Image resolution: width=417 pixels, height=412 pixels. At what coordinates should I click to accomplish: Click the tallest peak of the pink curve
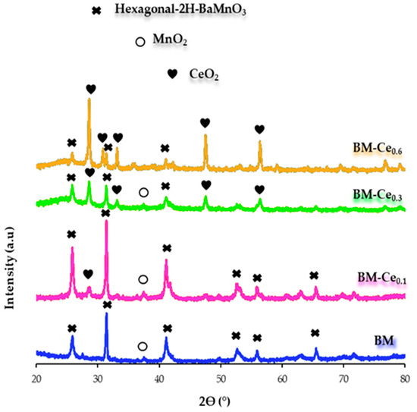[x=106, y=222]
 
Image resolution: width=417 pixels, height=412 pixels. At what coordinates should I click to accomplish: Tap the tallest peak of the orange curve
[x=90, y=99]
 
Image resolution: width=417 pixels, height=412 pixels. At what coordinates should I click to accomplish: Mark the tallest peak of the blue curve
[x=106, y=314]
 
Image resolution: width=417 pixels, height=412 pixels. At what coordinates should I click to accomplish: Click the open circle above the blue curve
[x=143, y=347]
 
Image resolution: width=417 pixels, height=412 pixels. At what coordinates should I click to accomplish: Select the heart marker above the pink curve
[x=88, y=274]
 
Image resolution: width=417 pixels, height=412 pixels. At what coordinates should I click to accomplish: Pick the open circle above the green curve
[x=143, y=193]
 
